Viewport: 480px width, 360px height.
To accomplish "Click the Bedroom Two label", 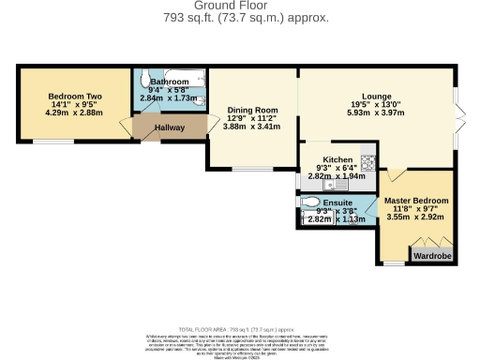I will coord(75,97).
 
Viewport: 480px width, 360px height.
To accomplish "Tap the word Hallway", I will coord(168,127).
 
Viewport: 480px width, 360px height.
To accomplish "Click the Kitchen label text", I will coord(337,159).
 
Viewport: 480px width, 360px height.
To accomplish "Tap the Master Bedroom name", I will coord(416,201).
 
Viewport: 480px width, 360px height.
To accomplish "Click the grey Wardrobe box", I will coord(433,253).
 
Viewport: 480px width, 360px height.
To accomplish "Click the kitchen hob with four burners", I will coord(367,162).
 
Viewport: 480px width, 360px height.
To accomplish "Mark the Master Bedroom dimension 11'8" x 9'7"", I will coord(416,209).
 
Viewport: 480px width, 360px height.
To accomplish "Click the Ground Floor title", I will coord(240,6).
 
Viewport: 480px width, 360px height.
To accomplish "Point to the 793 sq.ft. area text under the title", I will coord(240,17).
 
